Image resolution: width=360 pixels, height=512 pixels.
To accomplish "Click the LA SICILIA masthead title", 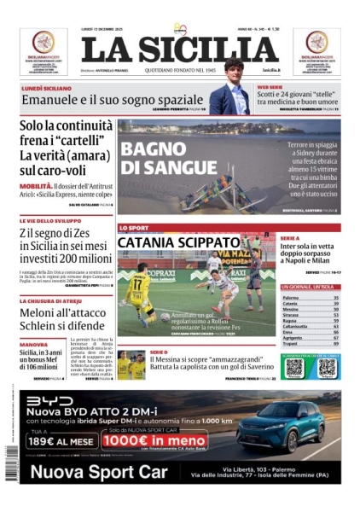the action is [x=180, y=49].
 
